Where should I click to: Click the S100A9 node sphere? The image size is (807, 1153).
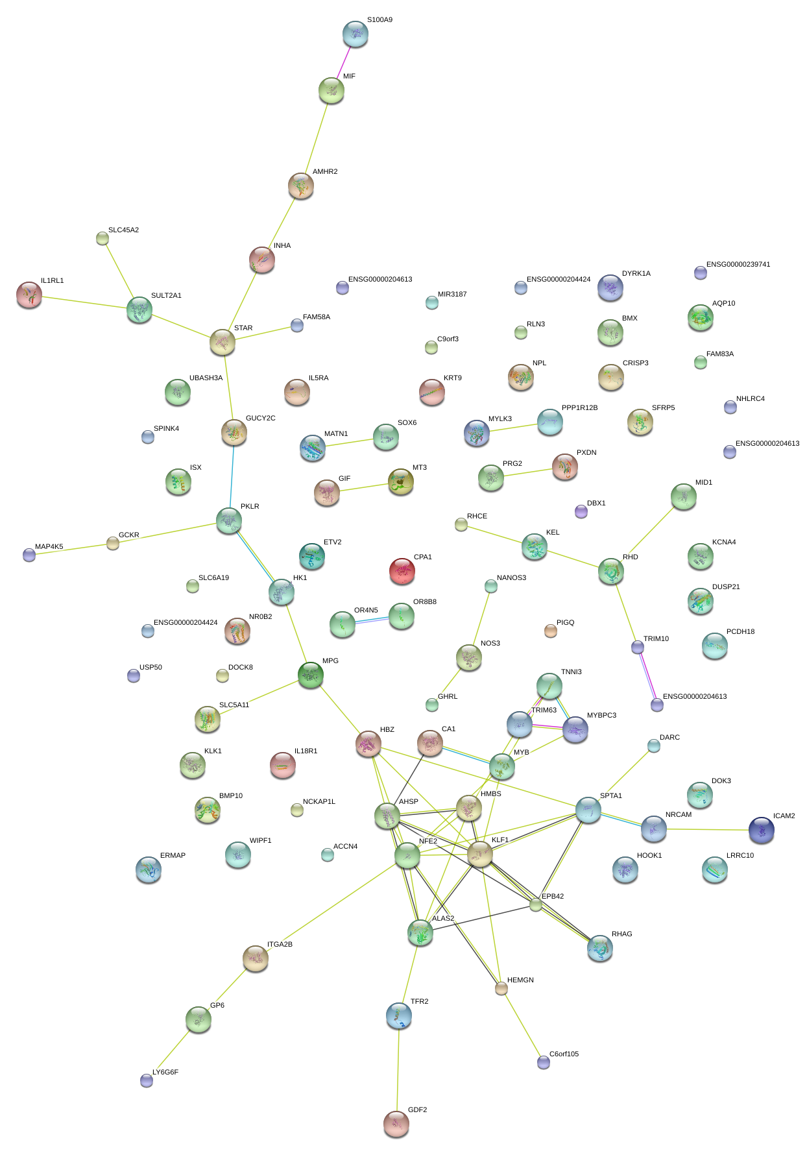click(355, 34)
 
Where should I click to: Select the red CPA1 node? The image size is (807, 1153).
click(402, 571)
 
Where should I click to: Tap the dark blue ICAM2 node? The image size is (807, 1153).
click(761, 830)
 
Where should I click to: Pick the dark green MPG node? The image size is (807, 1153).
click(311, 675)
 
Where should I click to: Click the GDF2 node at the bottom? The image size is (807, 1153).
click(396, 1123)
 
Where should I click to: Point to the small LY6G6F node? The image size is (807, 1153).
click(147, 1080)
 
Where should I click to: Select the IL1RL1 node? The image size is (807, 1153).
click(29, 295)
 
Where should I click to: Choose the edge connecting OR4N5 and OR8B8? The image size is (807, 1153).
click(372, 620)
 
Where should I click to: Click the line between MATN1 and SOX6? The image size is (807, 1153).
click(348, 443)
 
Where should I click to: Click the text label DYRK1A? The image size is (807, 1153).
click(636, 274)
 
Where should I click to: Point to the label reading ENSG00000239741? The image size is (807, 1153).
click(738, 265)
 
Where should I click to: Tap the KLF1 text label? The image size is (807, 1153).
click(500, 840)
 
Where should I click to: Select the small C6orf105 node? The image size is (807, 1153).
click(544, 1062)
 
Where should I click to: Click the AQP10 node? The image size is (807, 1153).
click(700, 317)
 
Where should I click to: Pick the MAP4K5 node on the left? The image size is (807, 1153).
click(29, 555)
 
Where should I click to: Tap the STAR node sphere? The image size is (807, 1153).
click(222, 342)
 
